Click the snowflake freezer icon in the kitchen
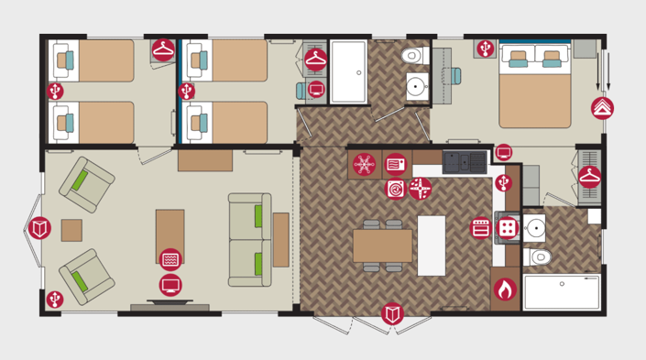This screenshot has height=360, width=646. [x=364, y=165]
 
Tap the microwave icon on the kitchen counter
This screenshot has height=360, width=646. [x=395, y=165]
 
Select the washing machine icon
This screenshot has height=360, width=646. [x=396, y=189]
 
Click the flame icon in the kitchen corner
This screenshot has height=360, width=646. [x=503, y=289]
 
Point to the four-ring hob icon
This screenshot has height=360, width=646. [x=507, y=227]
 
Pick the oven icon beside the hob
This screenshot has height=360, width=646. [x=481, y=227]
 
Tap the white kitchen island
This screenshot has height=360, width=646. [x=431, y=245]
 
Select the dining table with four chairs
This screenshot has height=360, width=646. [x=382, y=245]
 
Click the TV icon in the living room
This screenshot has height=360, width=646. [x=170, y=285]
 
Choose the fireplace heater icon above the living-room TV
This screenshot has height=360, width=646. [x=170, y=260]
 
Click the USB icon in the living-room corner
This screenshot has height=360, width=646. [x=55, y=299]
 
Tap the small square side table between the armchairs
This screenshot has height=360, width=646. [x=71, y=230]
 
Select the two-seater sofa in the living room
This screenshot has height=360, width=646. [x=249, y=240]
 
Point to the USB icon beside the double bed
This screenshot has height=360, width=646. [x=485, y=48]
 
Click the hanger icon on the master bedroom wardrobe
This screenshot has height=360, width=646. [x=589, y=176]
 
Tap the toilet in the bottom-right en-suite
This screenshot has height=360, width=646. [x=541, y=256]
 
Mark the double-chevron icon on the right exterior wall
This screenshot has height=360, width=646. [x=602, y=108]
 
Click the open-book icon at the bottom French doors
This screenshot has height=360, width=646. [x=392, y=314]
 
